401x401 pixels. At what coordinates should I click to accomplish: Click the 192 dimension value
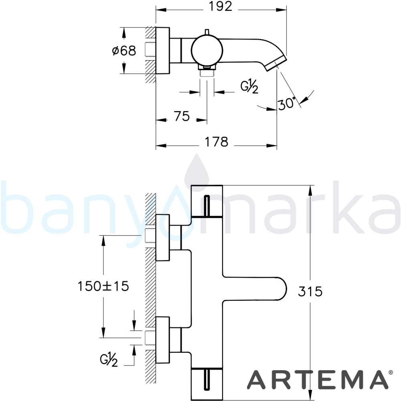[221, 6]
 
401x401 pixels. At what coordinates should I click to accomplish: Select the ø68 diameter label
[124, 51]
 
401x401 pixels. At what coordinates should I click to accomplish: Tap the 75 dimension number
[182, 116]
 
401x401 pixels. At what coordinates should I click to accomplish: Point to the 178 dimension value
[217, 142]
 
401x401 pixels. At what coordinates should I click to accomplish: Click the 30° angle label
[287, 103]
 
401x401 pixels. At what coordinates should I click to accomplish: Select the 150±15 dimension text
[103, 286]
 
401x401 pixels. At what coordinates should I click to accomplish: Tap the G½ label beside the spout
[249, 87]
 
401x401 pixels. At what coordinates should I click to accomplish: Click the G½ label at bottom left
[109, 360]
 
